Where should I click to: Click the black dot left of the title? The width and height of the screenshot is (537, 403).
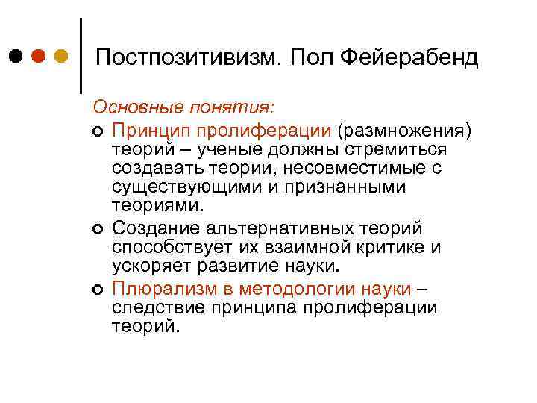(x=16, y=57)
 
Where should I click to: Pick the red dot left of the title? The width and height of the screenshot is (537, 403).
(x=39, y=57)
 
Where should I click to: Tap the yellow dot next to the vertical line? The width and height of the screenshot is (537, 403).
(x=61, y=57)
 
